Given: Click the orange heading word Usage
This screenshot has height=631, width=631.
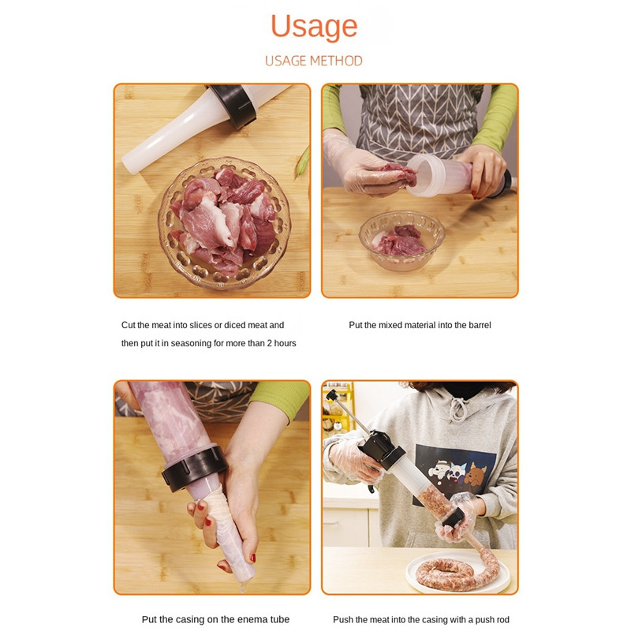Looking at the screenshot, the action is tap(314, 27).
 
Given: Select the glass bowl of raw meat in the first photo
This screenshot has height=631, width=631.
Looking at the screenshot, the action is tap(224, 223).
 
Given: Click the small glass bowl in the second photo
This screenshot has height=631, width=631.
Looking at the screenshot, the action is tap(401, 241).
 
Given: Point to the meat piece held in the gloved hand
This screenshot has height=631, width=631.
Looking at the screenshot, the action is tap(398, 173).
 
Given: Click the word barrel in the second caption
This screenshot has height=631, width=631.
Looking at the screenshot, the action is tap(480, 325).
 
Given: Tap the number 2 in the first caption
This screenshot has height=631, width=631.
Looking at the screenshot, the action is tap(269, 343).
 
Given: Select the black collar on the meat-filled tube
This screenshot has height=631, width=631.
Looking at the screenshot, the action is tap(194, 468).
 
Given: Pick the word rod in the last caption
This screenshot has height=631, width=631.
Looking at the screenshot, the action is tap(502, 620).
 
